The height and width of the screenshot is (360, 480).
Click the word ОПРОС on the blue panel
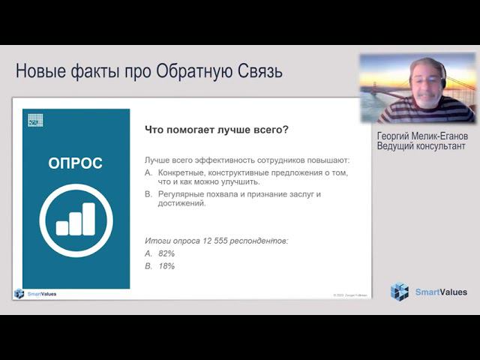click(x=75, y=163)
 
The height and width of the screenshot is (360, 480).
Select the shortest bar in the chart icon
click(x=62, y=228)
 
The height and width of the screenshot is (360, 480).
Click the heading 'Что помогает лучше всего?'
click(x=216, y=130)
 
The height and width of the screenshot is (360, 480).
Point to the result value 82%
click(x=166, y=253)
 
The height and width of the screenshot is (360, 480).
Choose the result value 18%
click(x=166, y=265)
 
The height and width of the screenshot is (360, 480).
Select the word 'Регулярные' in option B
click(x=182, y=193)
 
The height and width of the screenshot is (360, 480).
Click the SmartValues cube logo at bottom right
click(x=400, y=292)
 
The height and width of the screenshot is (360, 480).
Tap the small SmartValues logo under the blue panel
click(x=19, y=293)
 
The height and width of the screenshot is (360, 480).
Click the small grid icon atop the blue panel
click(x=35, y=119)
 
